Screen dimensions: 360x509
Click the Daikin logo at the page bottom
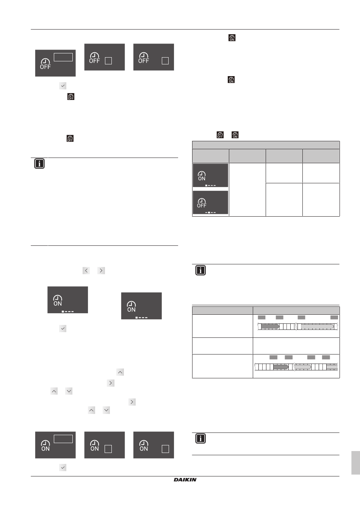coord(185,480)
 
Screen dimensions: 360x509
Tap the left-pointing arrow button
coord(86,270)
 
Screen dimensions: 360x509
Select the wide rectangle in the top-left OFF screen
coord(63,57)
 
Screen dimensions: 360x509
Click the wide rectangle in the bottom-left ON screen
coord(63,439)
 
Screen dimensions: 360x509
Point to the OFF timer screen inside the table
coord(210,203)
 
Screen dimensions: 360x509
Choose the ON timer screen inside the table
coord(210,175)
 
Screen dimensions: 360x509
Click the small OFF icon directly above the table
coord(220,135)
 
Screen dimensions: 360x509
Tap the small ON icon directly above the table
coord(235,135)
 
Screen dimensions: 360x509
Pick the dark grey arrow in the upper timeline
coord(270,326)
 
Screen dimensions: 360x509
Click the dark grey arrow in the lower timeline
coord(281,367)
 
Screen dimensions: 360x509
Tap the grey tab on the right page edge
coord(355,463)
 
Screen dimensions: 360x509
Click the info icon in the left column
coord(39,164)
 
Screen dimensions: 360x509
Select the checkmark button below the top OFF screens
coord(63,86)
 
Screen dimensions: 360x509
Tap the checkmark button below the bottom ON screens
coord(63,467)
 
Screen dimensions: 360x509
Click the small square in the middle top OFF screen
coord(108,61)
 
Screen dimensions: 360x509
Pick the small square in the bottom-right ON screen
coord(165,449)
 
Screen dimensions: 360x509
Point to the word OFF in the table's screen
coord(202,205)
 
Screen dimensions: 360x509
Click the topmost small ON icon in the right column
coord(232,38)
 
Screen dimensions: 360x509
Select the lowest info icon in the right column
coord(200,438)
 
